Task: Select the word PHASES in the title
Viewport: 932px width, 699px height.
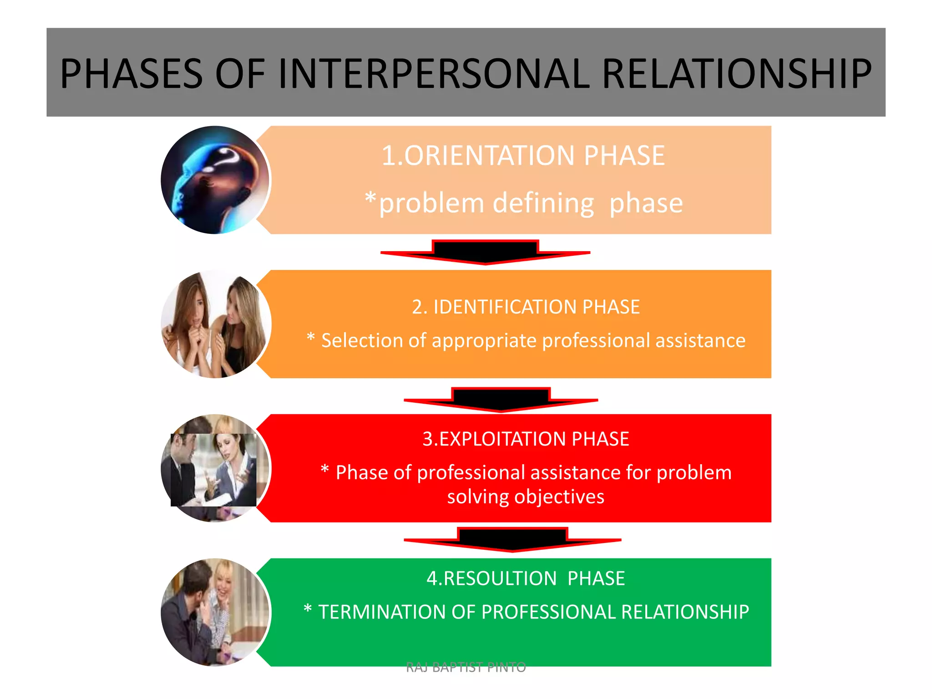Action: tap(131, 74)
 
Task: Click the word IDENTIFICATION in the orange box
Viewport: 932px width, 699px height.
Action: tap(505, 307)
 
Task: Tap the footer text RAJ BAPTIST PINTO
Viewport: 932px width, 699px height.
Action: tap(466, 668)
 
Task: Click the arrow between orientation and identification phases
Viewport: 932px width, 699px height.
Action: tap(485, 252)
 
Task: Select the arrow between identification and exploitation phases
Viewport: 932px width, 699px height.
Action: tap(501, 400)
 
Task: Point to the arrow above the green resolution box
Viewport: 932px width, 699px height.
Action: tap(512, 540)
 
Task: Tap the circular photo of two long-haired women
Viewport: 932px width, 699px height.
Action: tap(215, 324)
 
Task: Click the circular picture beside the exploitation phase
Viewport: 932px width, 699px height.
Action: tap(215, 468)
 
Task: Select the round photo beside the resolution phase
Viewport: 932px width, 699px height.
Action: tap(215, 612)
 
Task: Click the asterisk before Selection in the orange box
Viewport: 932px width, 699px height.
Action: tap(311, 337)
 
